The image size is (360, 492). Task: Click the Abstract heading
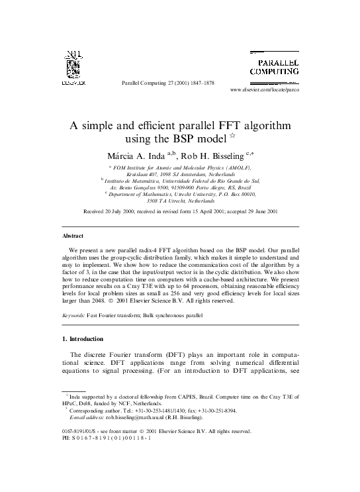point(73,235)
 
